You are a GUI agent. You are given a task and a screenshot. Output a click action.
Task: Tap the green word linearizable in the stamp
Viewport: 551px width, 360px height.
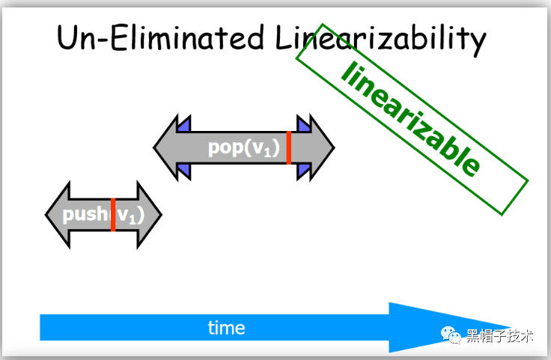410,120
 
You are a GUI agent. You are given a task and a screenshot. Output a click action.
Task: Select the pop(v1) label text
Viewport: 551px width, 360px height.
243,147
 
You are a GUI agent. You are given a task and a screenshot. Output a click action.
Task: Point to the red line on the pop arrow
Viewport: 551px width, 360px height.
289,147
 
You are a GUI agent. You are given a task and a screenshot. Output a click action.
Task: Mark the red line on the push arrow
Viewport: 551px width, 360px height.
112,216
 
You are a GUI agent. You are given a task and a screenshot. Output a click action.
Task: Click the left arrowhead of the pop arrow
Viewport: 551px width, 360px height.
168,147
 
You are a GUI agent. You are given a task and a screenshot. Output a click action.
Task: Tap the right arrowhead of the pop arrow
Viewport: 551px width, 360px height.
318,147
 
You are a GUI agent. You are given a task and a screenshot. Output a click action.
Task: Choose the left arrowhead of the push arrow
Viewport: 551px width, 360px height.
57,215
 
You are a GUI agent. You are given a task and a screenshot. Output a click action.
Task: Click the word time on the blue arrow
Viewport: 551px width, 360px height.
226,328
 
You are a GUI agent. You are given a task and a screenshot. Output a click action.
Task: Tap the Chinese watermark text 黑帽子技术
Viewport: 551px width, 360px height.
499,336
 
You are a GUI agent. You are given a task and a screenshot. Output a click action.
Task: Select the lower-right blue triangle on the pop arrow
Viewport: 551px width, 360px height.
303,171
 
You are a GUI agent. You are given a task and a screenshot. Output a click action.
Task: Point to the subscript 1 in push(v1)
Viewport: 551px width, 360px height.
133,221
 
